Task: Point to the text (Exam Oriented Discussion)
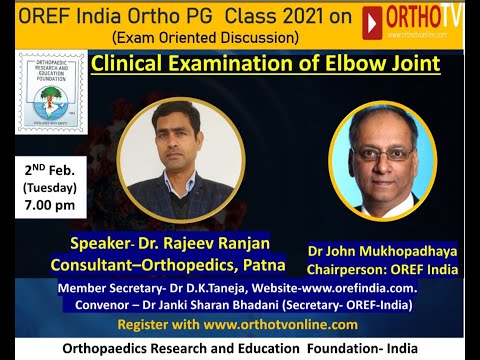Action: point(206,38)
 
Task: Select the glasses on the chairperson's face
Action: point(381,154)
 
